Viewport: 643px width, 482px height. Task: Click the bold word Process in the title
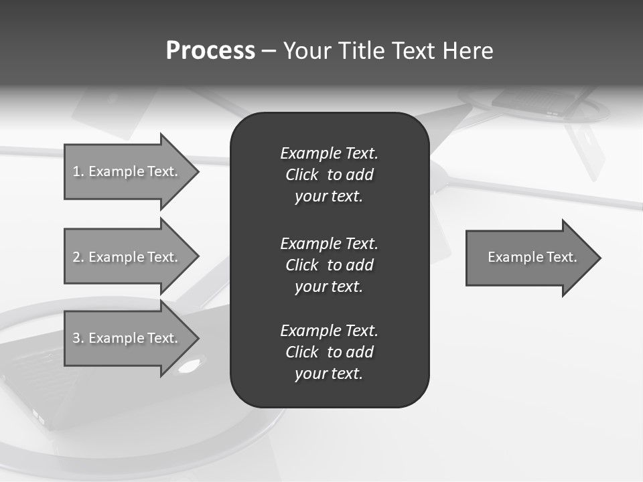pyautogui.click(x=210, y=51)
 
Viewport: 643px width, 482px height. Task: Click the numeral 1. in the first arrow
pyautogui.click(x=78, y=171)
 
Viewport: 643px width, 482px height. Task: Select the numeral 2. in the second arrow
pyautogui.click(x=78, y=257)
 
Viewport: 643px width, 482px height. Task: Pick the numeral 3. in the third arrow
pyautogui.click(x=78, y=338)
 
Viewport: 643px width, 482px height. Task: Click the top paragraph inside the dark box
pyautogui.click(x=329, y=175)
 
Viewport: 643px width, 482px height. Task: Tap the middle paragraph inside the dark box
pyautogui.click(x=329, y=265)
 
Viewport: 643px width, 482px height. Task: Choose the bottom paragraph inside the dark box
pyautogui.click(x=329, y=352)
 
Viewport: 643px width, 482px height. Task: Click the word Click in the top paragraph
pyautogui.click(x=301, y=175)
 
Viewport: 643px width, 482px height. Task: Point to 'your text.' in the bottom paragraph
pyautogui.click(x=329, y=374)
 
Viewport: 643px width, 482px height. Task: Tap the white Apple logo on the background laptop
pyautogui.click(x=190, y=366)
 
